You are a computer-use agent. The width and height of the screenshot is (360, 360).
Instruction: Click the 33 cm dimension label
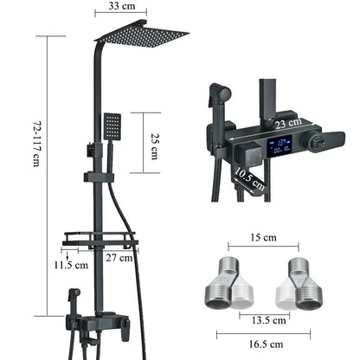click(121, 6)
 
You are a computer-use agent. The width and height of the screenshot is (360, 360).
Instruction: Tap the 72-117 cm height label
click(37, 144)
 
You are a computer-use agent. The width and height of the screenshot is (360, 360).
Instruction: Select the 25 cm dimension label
click(154, 146)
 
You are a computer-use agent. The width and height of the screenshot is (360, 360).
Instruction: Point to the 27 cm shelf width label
click(119, 257)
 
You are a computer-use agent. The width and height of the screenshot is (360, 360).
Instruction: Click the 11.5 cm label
click(71, 265)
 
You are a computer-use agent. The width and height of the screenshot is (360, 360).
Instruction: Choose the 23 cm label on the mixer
click(288, 123)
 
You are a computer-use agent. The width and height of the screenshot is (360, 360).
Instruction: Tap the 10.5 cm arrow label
click(249, 179)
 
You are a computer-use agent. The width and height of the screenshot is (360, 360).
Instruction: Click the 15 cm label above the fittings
click(263, 237)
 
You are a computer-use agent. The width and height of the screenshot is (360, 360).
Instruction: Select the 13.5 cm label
click(268, 320)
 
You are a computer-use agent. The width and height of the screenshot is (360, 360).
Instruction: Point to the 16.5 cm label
click(266, 344)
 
